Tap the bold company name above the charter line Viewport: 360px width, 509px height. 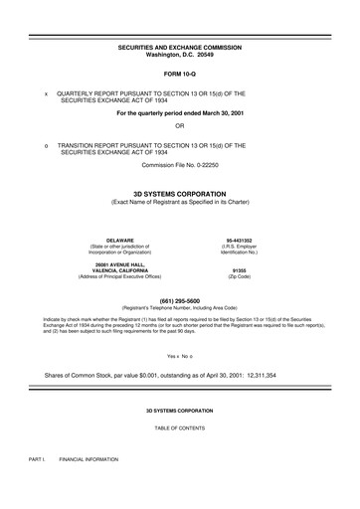(179, 193)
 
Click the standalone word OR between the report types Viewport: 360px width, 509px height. (179, 126)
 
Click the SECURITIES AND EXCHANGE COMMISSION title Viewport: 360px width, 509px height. (179, 48)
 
